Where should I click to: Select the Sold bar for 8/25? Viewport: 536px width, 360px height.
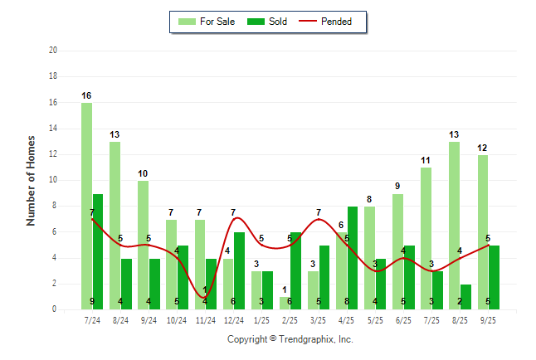point(465,297)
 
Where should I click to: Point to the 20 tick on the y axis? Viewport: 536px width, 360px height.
point(53,51)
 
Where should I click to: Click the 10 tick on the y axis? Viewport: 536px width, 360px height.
point(53,180)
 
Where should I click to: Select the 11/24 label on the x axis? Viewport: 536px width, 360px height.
point(205,319)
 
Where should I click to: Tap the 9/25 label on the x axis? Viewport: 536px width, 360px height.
point(488,319)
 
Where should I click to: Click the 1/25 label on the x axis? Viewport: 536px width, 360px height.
point(261,319)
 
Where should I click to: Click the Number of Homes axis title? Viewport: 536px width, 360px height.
point(32,180)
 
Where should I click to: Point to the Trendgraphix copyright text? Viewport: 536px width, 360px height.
point(290,339)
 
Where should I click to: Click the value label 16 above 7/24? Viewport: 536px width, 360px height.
point(86,96)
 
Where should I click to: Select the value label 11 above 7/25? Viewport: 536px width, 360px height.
point(426,161)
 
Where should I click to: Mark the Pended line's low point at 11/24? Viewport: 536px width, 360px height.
point(205,297)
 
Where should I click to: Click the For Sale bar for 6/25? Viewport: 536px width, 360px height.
point(398,251)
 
